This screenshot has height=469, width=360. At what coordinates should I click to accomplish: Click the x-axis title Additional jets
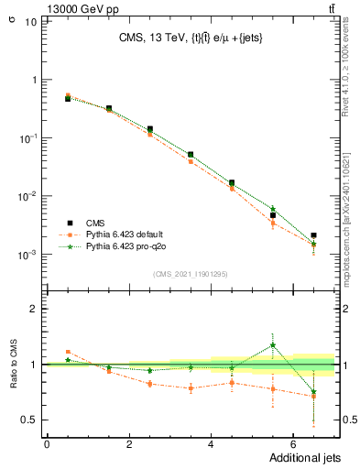click(293, 458)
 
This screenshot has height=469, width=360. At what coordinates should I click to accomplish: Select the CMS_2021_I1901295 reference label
click(190, 273)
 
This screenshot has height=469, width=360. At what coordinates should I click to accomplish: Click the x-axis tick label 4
click(211, 444)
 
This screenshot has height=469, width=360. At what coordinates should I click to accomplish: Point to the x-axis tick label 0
click(47, 444)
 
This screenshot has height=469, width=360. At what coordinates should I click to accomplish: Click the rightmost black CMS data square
click(313, 235)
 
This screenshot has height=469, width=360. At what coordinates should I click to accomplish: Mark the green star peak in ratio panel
click(272, 345)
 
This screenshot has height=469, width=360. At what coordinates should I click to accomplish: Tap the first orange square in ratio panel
click(68, 352)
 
